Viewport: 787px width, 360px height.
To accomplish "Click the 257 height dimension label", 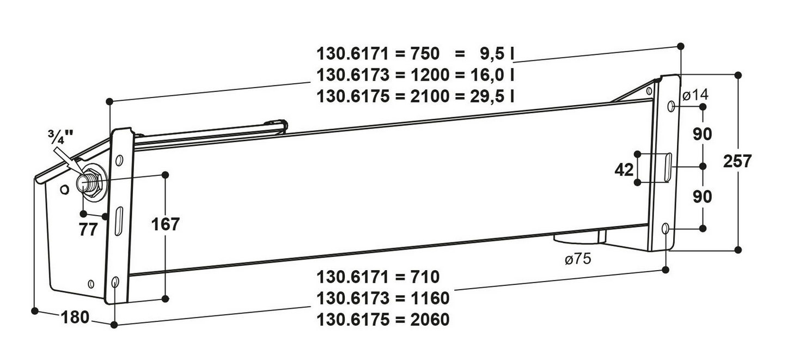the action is pyautogui.click(x=737, y=162).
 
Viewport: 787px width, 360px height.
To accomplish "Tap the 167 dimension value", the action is pyautogui.click(x=165, y=224).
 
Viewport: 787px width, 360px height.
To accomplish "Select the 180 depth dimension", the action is pyautogui.click(x=75, y=318).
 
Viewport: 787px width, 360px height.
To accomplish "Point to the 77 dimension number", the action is pyautogui.click(x=88, y=230).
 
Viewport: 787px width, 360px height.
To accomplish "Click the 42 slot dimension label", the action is pyautogui.click(x=624, y=170).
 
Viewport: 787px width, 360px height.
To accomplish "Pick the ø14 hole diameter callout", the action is pyautogui.click(x=696, y=95).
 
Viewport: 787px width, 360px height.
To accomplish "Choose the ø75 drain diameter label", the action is pyautogui.click(x=578, y=259).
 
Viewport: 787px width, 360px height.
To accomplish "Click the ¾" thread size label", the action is pyautogui.click(x=61, y=137).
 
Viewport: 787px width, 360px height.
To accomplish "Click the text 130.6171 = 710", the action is pyautogui.click(x=378, y=277).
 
